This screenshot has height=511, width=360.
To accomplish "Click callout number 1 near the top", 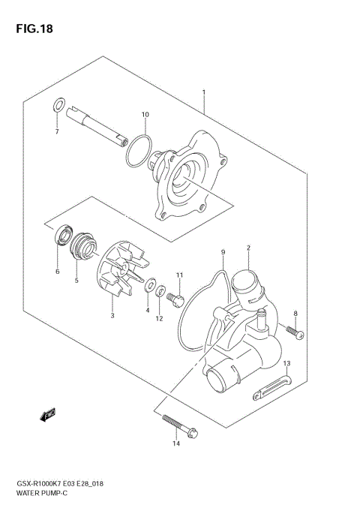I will tap(203, 92).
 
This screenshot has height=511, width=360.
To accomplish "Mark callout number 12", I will tap(159, 318).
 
